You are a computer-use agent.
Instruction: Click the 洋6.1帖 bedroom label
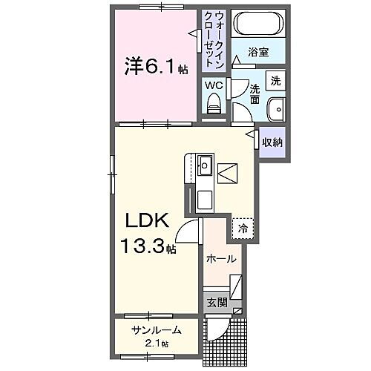tap(156, 68)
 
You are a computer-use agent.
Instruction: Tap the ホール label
tap(222, 259)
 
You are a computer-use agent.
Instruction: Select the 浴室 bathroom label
tap(258, 53)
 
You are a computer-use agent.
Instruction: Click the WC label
tap(214, 85)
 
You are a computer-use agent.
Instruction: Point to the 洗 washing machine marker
tap(275, 79)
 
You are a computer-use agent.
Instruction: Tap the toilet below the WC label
tap(214, 105)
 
